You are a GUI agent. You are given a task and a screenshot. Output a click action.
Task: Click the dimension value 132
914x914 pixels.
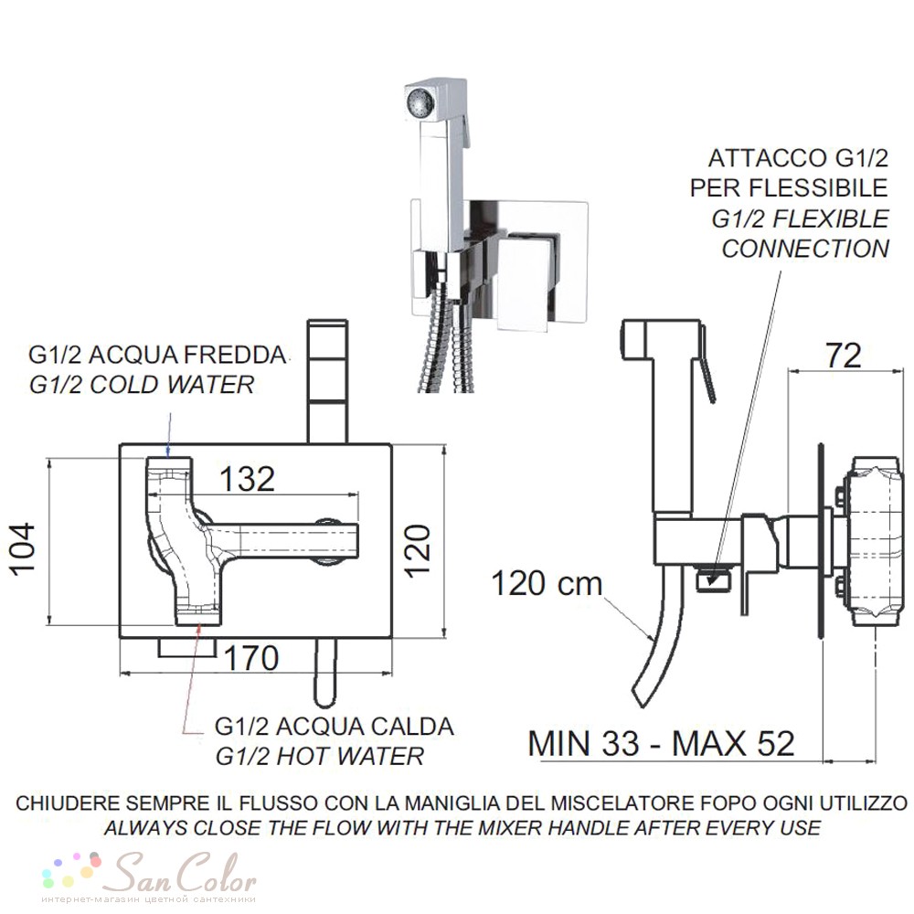coord(247,480)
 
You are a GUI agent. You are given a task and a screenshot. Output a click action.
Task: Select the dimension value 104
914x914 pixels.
coord(24,549)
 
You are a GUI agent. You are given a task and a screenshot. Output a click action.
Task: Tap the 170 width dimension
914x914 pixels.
coord(251,659)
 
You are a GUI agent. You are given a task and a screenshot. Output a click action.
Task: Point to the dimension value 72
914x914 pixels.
coord(844,356)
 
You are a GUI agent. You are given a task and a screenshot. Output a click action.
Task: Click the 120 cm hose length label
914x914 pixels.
coord(547,583)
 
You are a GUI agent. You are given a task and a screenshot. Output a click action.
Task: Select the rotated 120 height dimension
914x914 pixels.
coord(418,551)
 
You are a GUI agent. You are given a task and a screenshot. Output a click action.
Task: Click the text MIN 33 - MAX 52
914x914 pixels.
coord(661,743)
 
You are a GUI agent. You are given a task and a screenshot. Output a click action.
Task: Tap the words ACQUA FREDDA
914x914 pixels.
coord(189,355)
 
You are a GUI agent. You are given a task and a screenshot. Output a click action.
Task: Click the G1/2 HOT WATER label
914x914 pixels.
coord(319,756)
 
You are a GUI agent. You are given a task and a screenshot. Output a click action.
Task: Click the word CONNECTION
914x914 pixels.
coord(805,249)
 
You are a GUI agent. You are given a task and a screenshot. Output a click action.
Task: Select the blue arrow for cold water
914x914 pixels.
coord(168,434)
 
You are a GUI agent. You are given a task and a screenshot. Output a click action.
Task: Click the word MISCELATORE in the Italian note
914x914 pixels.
coord(630,802)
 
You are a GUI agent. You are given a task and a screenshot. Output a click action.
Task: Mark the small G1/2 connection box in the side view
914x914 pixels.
coord(714,580)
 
